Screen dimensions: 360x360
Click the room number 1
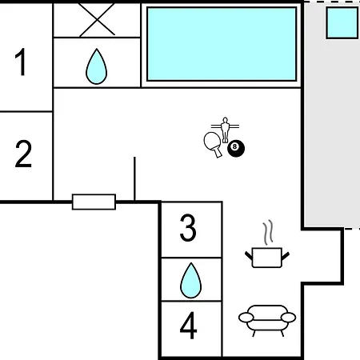21,62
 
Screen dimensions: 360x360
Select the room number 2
23,154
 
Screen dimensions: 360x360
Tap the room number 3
188,228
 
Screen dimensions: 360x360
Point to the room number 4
189,326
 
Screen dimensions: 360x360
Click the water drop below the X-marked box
97,66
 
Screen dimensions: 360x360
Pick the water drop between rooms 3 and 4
191,281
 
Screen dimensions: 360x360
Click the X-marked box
97,20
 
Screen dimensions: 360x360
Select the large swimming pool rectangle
222,44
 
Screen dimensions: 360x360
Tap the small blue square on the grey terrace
342,23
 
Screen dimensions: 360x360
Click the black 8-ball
236,148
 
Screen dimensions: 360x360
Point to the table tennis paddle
214,144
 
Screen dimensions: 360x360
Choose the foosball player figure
226,130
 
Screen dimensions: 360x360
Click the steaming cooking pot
267,258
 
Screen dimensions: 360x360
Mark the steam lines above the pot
268,232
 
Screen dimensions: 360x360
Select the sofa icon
267,321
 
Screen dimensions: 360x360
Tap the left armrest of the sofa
246,318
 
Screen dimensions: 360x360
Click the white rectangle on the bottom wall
94,202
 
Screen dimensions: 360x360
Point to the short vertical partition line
134,178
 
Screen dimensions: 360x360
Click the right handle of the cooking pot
286,256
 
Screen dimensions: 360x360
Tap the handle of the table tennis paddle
218,152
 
